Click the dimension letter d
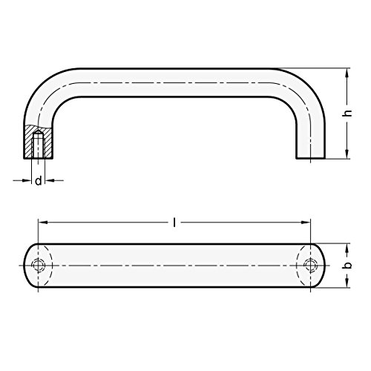tap(38, 181)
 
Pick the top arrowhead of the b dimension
tap(347, 247)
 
